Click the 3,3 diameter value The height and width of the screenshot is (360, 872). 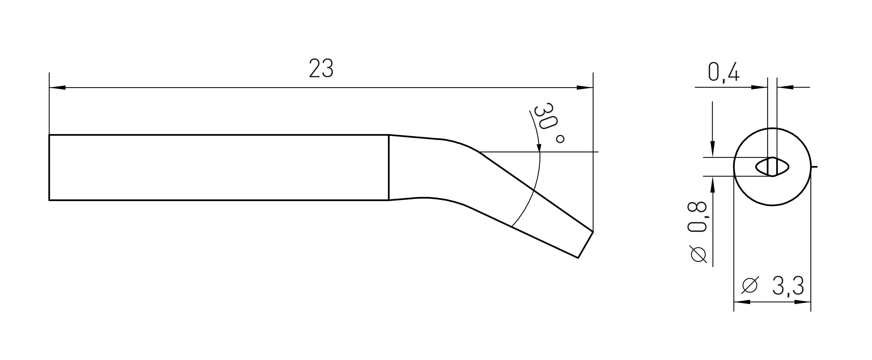[788, 287]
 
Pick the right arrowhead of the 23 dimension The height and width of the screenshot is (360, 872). [585, 88]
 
